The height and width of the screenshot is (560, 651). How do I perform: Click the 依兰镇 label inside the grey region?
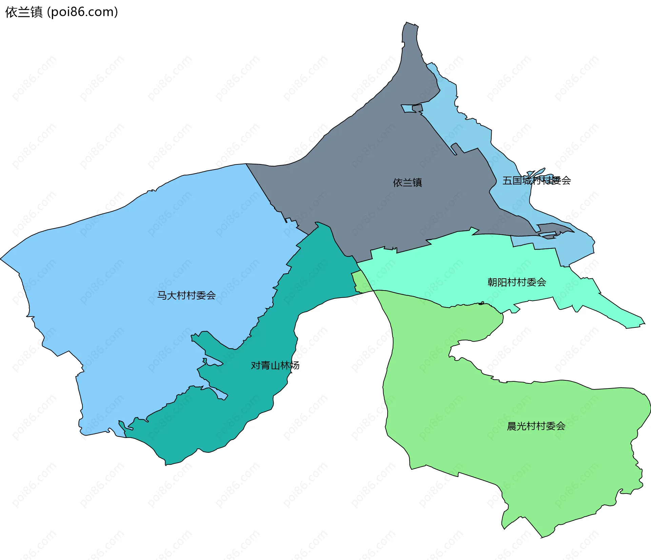tap(407, 183)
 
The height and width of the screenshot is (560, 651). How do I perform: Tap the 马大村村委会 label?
tap(186, 296)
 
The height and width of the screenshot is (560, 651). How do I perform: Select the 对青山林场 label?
tap(275, 365)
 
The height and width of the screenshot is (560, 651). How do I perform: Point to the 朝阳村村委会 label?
tap(516, 282)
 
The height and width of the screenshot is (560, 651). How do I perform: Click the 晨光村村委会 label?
tap(536, 426)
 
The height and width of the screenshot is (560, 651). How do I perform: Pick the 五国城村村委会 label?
tap(536, 181)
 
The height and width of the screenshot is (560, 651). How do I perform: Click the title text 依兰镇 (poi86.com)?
tap(61, 12)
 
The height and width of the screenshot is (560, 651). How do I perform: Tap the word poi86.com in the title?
tap(82, 12)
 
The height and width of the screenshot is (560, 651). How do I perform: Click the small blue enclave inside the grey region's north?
tap(407, 108)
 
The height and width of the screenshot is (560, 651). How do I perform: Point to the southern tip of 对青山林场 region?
tap(166, 463)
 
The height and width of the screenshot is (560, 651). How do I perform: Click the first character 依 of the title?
tap(11, 12)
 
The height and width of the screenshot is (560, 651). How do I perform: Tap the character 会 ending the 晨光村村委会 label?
tap(560, 426)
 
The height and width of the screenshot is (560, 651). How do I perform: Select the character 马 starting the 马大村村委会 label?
tap(162, 296)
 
